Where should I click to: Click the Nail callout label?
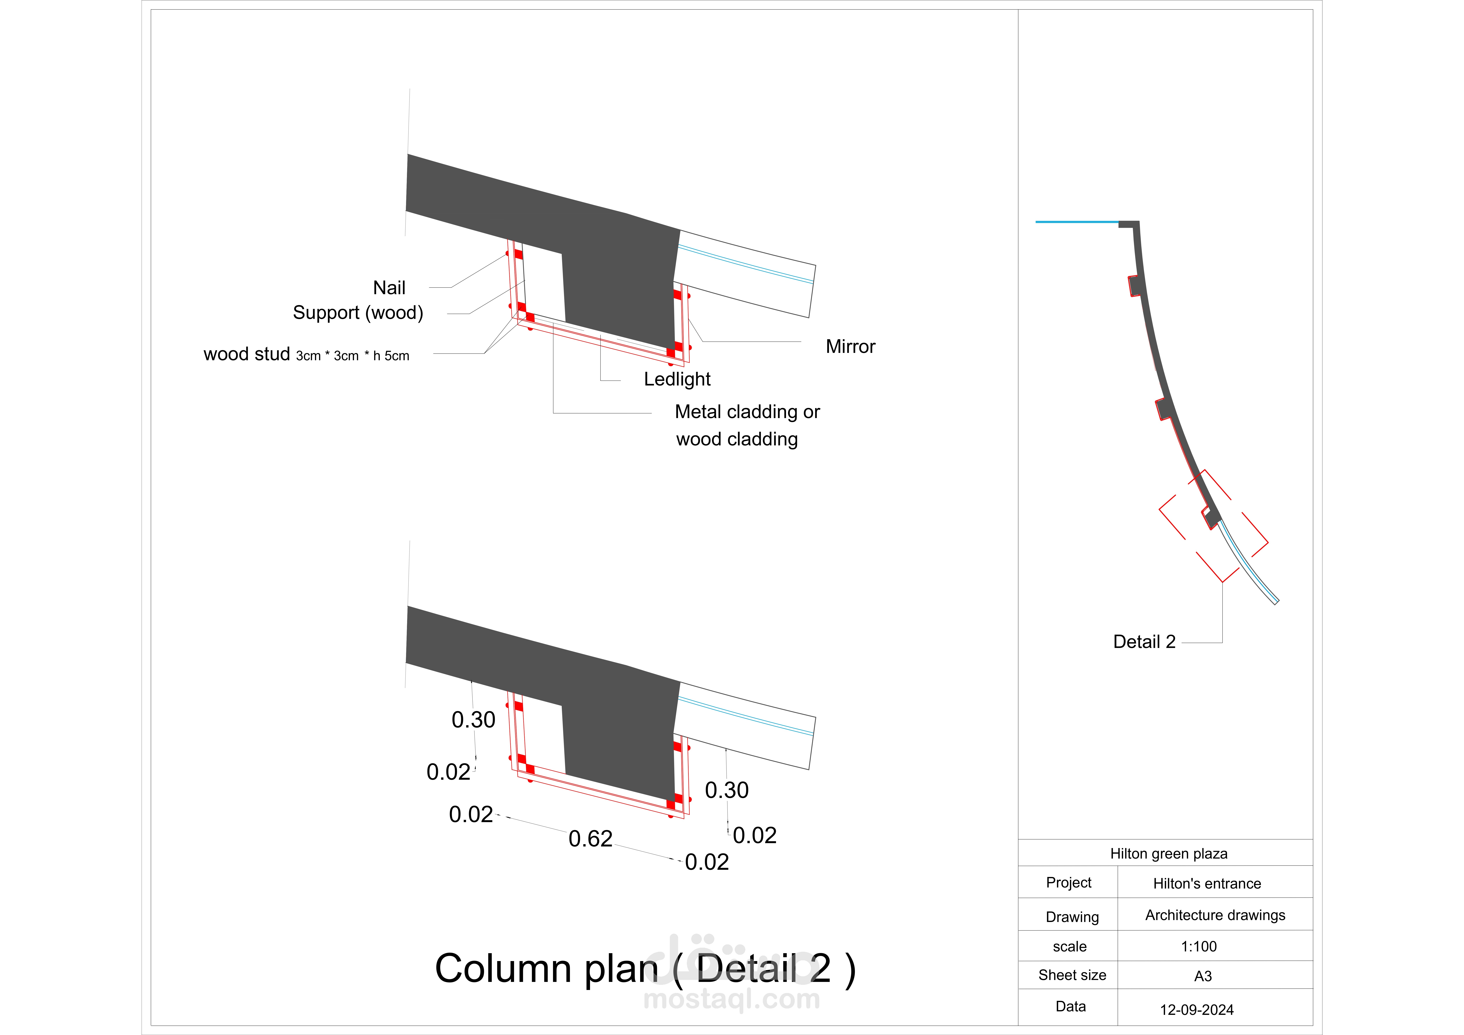coord(389,288)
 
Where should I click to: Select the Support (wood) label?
coord(358,313)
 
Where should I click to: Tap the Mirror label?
coord(850,347)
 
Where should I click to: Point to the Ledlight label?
coord(677,379)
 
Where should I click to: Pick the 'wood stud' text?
coord(247,354)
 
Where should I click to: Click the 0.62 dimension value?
coord(591,839)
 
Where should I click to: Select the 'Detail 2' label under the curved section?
coord(1144,642)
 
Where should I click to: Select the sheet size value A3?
coord(1203,976)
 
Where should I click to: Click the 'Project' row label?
coord(1069,883)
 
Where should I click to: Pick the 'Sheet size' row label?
coord(1072,975)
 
